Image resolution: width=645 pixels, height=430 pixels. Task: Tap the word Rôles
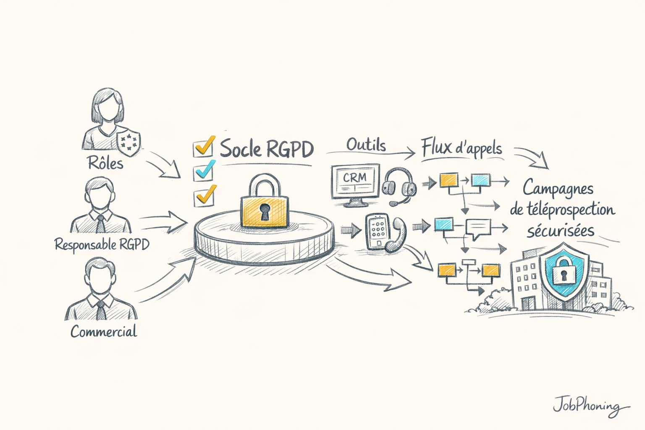click(105, 163)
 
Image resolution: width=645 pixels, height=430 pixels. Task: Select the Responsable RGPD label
click(102, 244)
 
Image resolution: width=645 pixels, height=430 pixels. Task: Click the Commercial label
click(104, 332)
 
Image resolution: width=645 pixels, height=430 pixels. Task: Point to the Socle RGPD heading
click(267, 149)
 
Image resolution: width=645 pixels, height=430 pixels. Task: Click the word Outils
click(366, 145)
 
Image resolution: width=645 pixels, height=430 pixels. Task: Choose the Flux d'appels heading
click(461, 148)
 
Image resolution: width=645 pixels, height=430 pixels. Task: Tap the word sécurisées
click(561, 231)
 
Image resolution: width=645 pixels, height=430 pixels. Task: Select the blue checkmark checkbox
click(203, 171)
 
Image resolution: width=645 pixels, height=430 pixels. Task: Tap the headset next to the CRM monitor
click(399, 185)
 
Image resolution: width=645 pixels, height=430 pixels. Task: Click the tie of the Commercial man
click(101, 310)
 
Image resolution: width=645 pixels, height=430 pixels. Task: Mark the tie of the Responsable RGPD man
click(101, 224)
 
